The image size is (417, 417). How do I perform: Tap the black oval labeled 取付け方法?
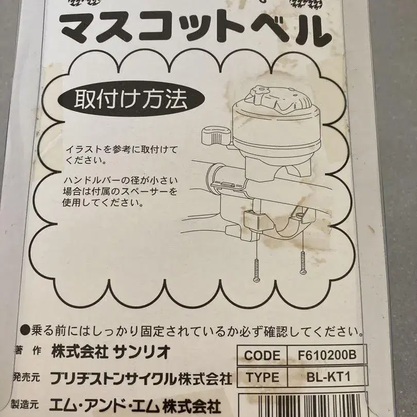coord(131,99)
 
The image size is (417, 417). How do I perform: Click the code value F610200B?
coord(327,355)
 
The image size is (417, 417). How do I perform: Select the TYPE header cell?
coord(262,377)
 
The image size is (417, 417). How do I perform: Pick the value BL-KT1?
coord(328,377)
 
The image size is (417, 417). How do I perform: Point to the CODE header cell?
coord(262,355)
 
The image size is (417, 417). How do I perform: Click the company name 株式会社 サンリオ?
coord(111,352)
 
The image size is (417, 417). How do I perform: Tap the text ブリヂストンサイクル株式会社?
coord(141,378)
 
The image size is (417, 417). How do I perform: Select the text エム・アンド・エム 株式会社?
coord(135,407)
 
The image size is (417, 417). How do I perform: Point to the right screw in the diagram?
coord(303,263)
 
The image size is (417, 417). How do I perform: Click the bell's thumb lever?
coord(215,134)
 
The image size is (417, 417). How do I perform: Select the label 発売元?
coord(26,378)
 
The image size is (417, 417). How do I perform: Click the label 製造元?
coord(25,405)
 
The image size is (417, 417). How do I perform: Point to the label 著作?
coord(28,351)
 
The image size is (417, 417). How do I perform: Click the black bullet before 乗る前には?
coord(25,331)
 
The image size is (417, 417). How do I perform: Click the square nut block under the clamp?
coord(258,219)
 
